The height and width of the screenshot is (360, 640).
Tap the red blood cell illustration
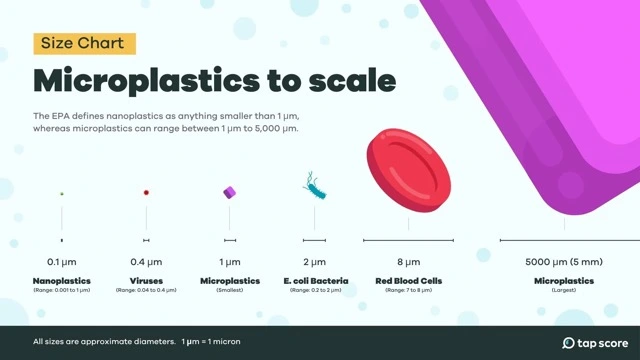pos(408,170)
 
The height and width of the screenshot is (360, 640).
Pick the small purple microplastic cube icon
pos(230,192)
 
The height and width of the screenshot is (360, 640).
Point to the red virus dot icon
pos(146,192)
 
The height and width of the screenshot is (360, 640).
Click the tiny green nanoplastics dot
pos(62,193)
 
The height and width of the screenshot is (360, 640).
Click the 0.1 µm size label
pos(62,262)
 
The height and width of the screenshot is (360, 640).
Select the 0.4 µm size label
pos(146,262)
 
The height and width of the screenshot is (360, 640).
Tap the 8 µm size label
pos(408,262)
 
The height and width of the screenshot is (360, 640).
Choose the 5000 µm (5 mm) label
pos(564,262)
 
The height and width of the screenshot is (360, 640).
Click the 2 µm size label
pos(314,262)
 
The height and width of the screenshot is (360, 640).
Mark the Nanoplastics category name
pos(62,281)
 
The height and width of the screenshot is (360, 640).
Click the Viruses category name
pos(146,281)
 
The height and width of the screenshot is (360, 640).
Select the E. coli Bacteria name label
pos(314,281)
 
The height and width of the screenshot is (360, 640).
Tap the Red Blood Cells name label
pos(408,281)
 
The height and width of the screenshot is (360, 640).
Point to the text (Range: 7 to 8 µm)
pos(408,290)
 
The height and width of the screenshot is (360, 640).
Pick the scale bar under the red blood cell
pos(408,241)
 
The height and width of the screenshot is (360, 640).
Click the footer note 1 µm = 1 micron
pos(211,342)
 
